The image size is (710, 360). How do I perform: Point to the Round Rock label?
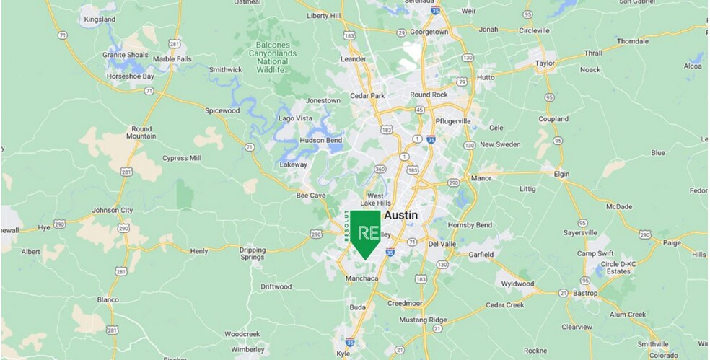pos(429,95)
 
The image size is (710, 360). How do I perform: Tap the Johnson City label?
pos(113,211)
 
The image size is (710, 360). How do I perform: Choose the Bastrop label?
pos(584,294)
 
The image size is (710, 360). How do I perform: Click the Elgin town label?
pos(561,174)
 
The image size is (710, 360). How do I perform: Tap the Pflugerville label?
pos(453,121)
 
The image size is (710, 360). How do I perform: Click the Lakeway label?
pos(293,164)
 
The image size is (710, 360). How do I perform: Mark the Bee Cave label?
pos(311,195)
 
